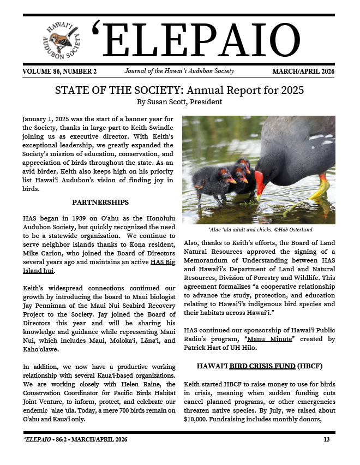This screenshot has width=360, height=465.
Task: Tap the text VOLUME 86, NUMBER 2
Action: [60, 71]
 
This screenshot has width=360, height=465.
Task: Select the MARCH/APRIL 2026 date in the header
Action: [303, 71]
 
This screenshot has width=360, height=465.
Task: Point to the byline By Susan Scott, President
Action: [179, 102]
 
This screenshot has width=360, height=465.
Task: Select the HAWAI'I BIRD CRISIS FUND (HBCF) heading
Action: [260, 366]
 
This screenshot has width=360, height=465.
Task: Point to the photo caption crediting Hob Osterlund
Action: [259, 230]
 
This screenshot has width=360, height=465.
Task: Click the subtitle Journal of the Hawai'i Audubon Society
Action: [179, 71]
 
